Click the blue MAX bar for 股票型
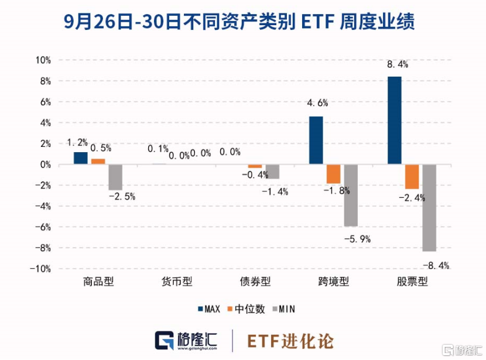[395, 121]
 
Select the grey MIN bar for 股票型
[429, 208]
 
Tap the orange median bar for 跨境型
[333, 174]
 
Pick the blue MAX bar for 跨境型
[316, 140]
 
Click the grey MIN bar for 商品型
[115, 177]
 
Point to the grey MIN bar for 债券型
[272, 172]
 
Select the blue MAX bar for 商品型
[80, 158]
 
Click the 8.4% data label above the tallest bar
[397, 64]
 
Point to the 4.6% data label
[317, 103]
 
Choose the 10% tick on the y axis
[43, 60]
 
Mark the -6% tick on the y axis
[43, 227]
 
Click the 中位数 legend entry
[247, 308]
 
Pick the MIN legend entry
[284, 308]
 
